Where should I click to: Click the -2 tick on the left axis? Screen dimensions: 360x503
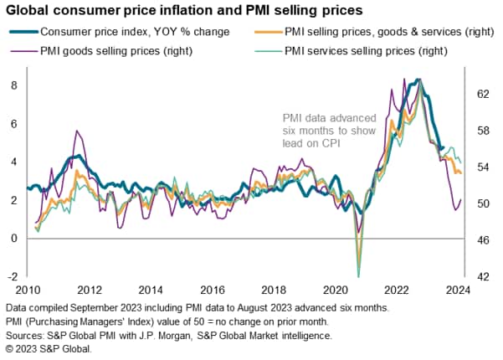13,276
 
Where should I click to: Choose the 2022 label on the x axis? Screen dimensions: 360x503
398,290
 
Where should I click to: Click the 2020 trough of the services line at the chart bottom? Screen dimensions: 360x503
358,275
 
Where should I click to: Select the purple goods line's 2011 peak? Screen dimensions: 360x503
77,131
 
